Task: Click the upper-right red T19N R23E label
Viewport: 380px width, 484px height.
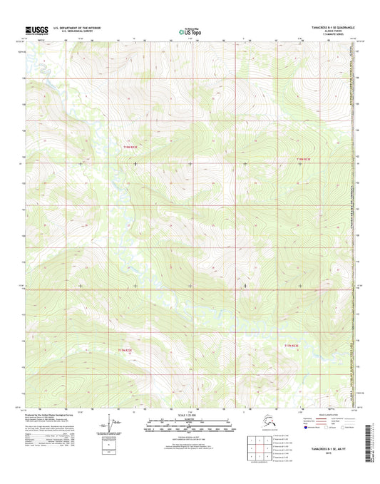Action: point(303,158)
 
